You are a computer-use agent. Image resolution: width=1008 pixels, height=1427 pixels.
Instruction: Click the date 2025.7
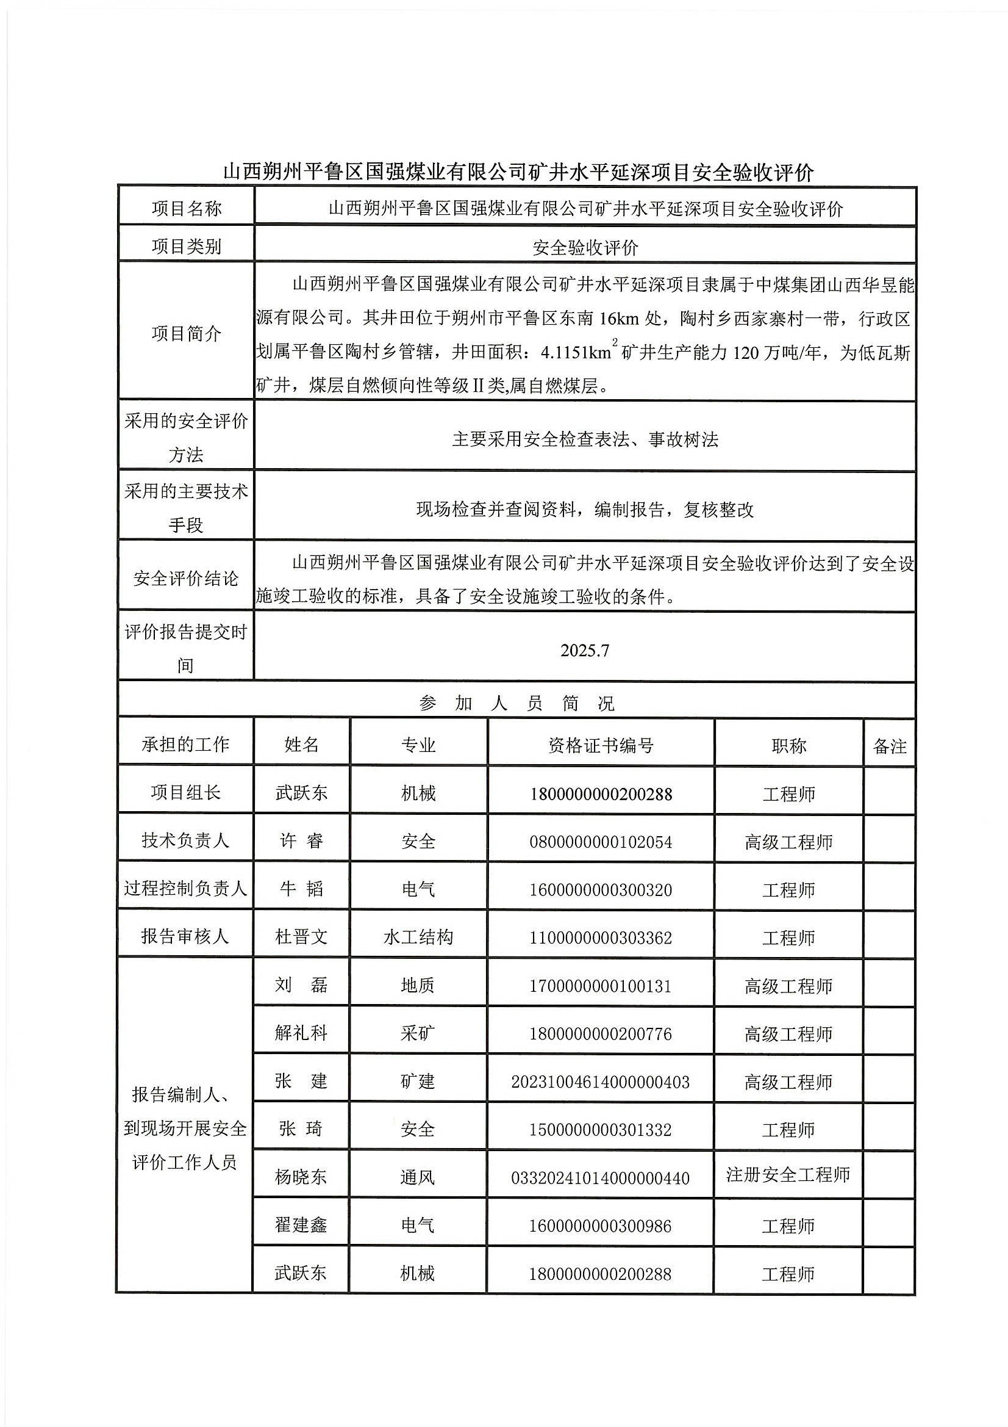coord(584,651)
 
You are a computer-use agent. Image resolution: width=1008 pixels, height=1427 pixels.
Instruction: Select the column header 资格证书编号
coord(601,745)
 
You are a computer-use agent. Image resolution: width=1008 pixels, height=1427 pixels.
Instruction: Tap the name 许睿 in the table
coord(301,842)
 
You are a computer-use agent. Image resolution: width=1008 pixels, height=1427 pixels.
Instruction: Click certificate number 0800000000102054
coord(601,842)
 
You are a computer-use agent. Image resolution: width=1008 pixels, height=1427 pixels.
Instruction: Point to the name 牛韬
coord(301,889)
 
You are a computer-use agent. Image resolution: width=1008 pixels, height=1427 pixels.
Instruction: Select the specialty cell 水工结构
coord(418,937)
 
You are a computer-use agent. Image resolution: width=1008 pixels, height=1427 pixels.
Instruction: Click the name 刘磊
coord(301,985)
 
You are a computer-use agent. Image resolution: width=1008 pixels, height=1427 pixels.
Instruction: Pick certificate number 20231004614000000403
coord(601,1082)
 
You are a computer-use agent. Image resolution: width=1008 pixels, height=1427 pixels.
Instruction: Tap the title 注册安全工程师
coord(788,1175)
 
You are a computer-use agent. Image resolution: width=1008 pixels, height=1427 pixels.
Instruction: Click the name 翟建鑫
coord(301,1225)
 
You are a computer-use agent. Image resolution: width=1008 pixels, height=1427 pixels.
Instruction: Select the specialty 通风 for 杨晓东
coord(418,1177)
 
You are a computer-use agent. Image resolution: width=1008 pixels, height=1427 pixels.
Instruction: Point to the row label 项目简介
coord(187,334)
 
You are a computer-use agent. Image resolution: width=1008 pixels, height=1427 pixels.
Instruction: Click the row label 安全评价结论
coord(187,579)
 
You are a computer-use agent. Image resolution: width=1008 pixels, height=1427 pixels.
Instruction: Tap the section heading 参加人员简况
coord(516,704)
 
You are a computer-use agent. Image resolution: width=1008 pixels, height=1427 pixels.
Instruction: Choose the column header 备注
coord(889,746)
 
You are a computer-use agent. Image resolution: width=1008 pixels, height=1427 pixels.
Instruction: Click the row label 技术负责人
coord(186,841)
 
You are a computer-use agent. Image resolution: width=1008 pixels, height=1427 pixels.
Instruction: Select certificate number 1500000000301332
coord(601,1130)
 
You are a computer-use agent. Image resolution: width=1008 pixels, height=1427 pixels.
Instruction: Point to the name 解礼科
coord(301,1033)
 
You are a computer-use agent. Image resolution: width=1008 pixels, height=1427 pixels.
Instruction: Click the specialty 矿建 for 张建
coord(418,1082)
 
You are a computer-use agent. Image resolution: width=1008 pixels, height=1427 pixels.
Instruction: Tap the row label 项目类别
coord(187,247)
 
